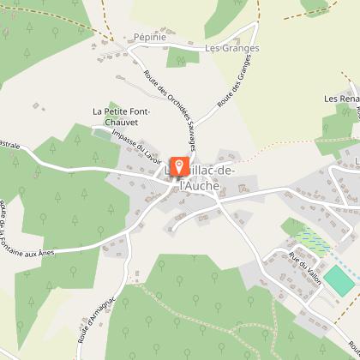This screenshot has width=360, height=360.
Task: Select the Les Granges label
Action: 231,49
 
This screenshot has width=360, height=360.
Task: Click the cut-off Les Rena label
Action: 341,99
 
